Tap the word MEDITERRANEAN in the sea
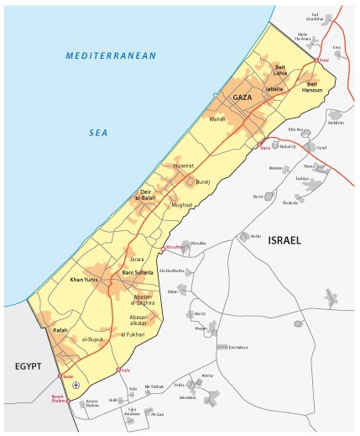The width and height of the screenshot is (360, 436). pos(112,55)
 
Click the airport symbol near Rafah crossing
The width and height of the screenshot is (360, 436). pos(77,385)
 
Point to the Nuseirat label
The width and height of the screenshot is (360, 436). pos(184,166)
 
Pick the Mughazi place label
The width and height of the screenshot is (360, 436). pos(181,204)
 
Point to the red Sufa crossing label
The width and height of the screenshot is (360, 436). pos(127,370)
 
